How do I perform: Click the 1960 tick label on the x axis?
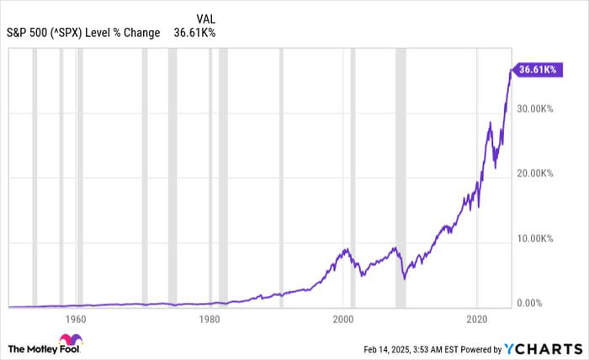click(76, 320)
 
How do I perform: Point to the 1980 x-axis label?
click(210, 320)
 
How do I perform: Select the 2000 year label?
click(342, 320)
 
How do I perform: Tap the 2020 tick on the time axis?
click(477, 320)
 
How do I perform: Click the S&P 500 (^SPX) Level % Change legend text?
click(83, 34)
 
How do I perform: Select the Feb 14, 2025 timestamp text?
click(417, 348)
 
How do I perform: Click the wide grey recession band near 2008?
click(401, 177)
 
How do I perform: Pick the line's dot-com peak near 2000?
click(345, 249)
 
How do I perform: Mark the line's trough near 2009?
click(403, 278)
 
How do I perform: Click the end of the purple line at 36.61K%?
click(511, 71)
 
